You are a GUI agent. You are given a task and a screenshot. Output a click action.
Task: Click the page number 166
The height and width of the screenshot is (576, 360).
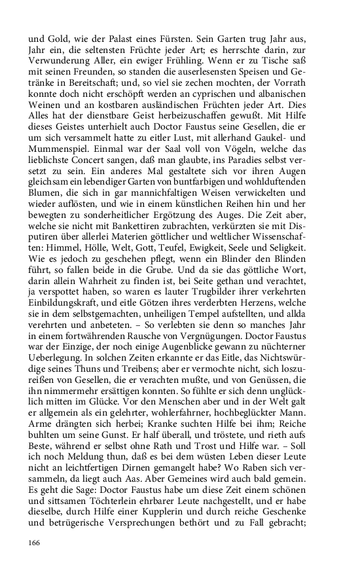pyautogui.click(x=35, y=543)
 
